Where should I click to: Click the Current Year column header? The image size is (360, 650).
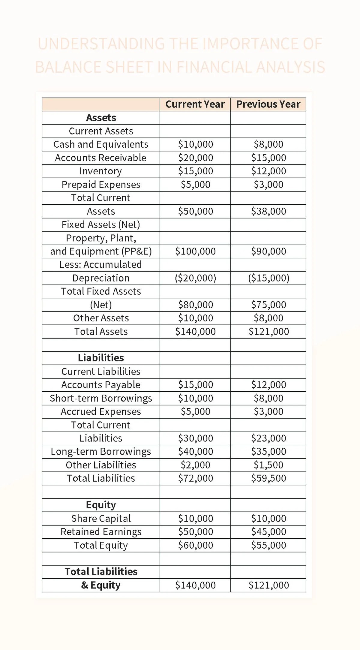195,104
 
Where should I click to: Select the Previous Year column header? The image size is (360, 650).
268,104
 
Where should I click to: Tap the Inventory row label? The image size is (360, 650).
100,171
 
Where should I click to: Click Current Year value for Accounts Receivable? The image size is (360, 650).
195,158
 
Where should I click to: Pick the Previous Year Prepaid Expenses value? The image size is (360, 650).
268,184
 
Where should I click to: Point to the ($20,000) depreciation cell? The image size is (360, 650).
195,278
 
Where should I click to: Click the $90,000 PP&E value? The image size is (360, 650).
268,251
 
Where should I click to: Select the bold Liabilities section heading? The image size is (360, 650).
101,358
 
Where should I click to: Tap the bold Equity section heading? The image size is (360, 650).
101,505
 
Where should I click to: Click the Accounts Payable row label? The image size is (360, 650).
101,385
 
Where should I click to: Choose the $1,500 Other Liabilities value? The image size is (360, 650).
268,465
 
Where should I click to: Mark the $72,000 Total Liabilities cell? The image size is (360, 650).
195,478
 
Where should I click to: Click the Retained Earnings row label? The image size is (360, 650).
101,532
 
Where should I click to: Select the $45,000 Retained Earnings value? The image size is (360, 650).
268,532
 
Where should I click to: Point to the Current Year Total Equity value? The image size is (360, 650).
195,545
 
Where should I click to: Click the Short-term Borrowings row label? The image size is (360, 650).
101,398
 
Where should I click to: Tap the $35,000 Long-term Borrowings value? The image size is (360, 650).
268,451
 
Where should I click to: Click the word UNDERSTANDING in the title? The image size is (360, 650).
101,44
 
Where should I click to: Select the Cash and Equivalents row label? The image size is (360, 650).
101,144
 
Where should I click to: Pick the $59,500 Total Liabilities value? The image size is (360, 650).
268,478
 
